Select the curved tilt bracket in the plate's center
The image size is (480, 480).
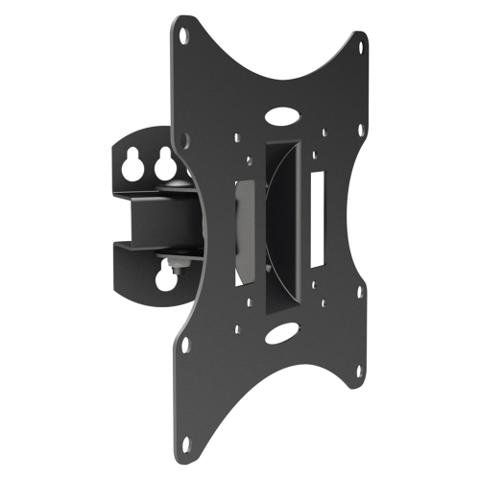278,221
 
